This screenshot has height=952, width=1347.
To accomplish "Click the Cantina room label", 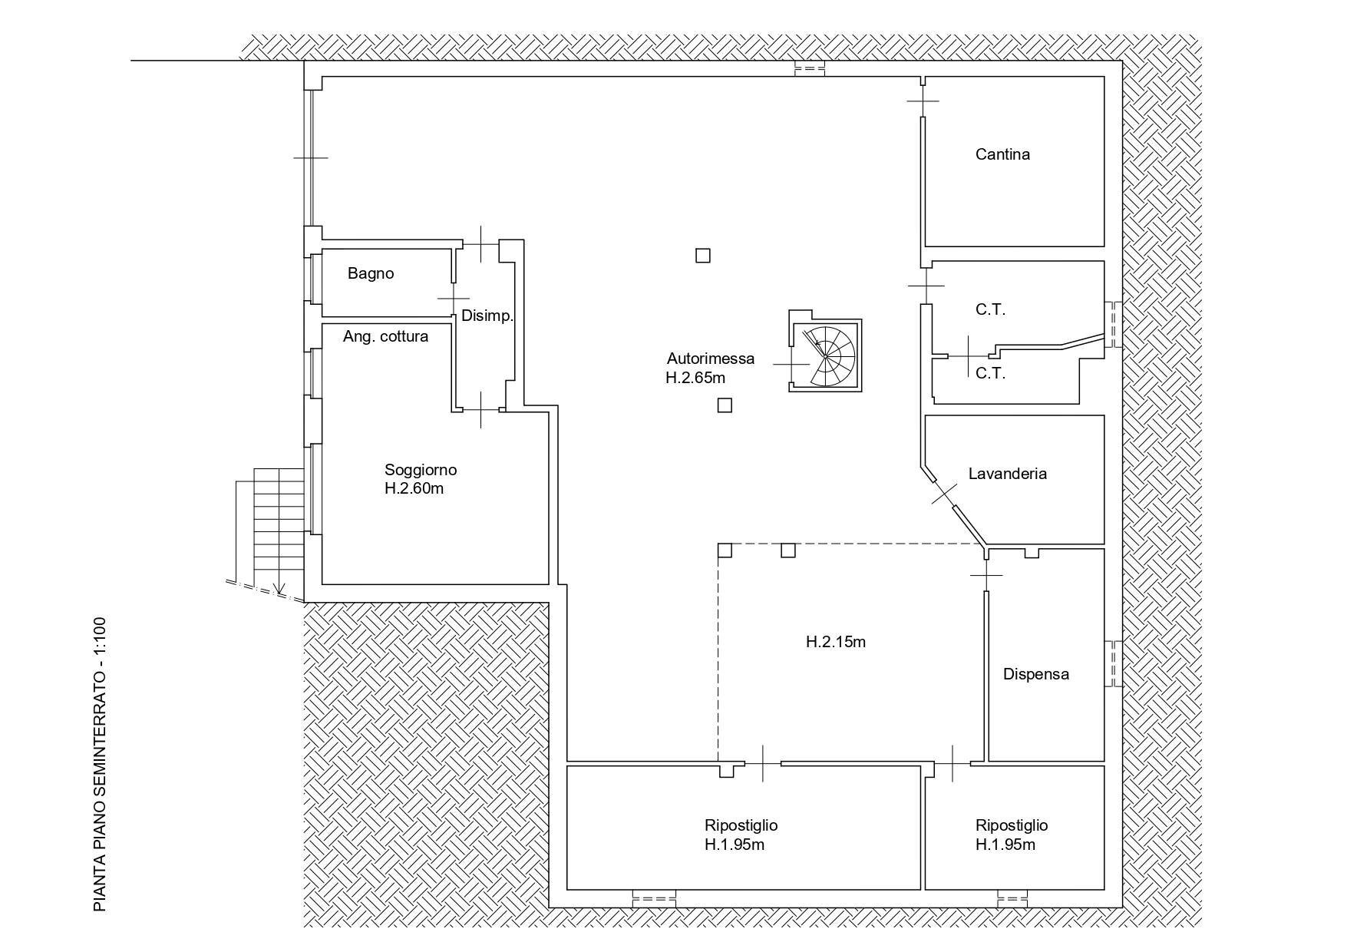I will click(1002, 154).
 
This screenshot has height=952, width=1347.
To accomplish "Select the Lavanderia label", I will click(1007, 474).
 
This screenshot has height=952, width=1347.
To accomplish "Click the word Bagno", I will click(371, 273).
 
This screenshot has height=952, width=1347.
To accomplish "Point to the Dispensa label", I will click(1035, 674).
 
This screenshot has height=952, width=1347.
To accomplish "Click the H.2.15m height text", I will click(835, 642).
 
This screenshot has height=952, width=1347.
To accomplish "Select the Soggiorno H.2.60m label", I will click(420, 479).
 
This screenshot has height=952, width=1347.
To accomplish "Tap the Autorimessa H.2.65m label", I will click(709, 368).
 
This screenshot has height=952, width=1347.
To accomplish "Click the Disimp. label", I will click(487, 316).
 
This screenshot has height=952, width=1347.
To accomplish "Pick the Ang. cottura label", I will click(385, 336).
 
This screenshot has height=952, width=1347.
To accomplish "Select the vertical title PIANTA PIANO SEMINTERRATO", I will click(99, 764).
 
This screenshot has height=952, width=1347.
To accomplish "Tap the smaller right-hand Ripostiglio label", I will click(1011, 835).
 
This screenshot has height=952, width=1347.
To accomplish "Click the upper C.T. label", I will click(990, 309).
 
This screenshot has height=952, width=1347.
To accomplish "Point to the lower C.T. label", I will click(990, 374).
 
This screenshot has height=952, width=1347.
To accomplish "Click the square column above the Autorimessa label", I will click(702, 256).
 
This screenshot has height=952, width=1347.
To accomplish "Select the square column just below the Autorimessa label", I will click(725, 405).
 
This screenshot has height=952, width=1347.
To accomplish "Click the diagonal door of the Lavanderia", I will click(944, 493).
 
